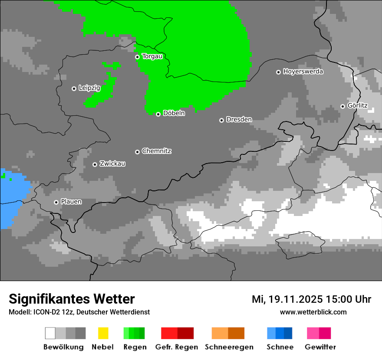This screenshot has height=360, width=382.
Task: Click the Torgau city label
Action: (152, 56)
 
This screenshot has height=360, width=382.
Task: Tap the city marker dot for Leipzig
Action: (74, 88)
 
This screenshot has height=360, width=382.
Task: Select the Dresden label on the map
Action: (239, 120)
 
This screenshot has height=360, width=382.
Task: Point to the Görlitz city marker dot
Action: (342, 106)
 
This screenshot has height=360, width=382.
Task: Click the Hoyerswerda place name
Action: (303, 72)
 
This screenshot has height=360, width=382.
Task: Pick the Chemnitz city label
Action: (156, 151)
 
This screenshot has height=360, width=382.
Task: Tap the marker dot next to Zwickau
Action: (95, 164)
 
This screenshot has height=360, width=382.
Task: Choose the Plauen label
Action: (71, 202)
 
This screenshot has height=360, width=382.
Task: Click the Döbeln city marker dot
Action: (158, 114)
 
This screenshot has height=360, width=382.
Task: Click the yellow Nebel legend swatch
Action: (103, 333)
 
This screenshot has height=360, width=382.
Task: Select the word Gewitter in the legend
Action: (320, 347)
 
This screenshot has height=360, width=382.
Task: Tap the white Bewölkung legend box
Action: (50, 333)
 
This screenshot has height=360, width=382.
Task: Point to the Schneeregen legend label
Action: (229, 347)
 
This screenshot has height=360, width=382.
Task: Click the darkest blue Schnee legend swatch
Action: (288, 333)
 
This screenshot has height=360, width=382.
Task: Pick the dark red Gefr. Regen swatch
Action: (185, 333)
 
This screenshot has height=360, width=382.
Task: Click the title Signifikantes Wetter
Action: (72, 299)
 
